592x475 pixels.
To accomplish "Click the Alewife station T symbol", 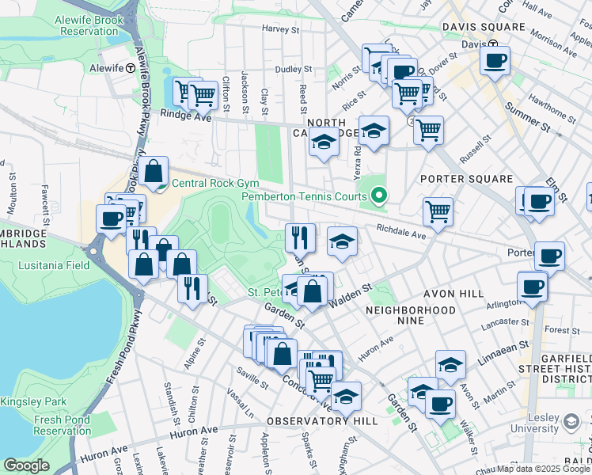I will pos(128,68).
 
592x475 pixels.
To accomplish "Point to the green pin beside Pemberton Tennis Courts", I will pos(379,196).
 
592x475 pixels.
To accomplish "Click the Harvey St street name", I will pos(281,30).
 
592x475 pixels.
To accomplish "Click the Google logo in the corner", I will pos(26,465).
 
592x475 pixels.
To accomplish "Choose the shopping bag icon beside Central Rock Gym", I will pos(154,169).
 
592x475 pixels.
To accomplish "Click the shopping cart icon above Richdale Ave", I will pos(438,211).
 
